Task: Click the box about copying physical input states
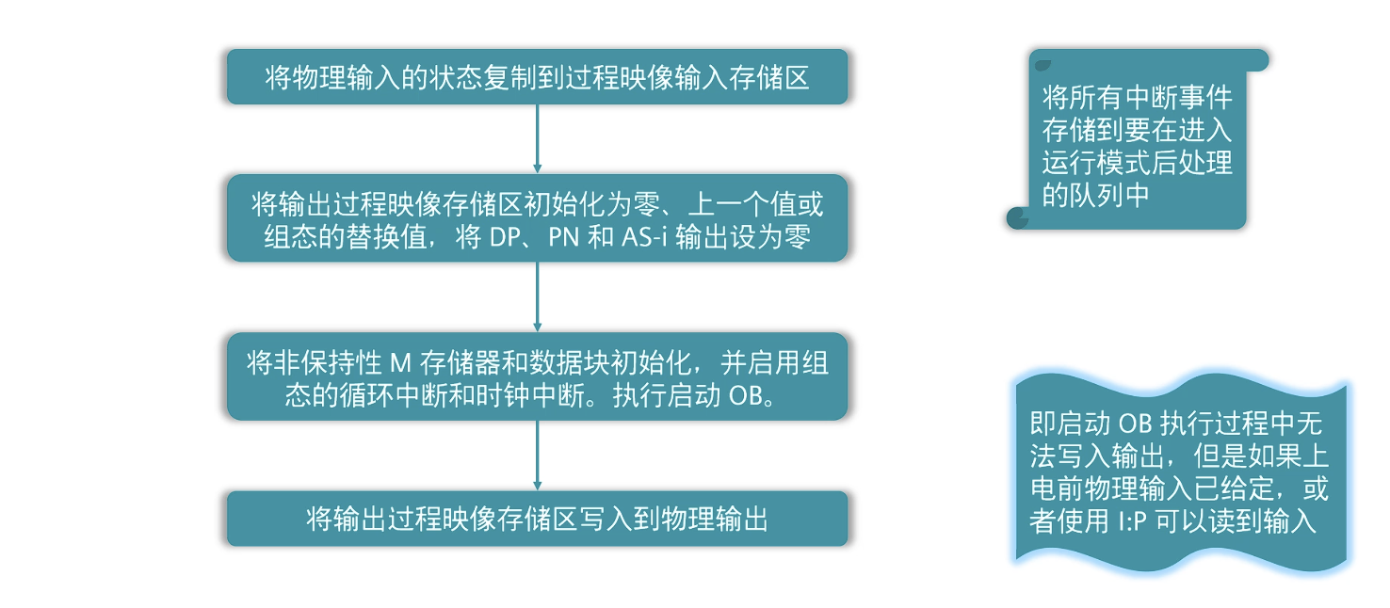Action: click(537, 76)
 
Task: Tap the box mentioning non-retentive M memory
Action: click(537, 376)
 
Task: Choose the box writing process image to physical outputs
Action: click(537, 518)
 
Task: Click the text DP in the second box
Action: click(506, 238)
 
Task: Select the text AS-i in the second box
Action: click(644, 238)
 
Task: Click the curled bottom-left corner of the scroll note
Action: click(1018, 217)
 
